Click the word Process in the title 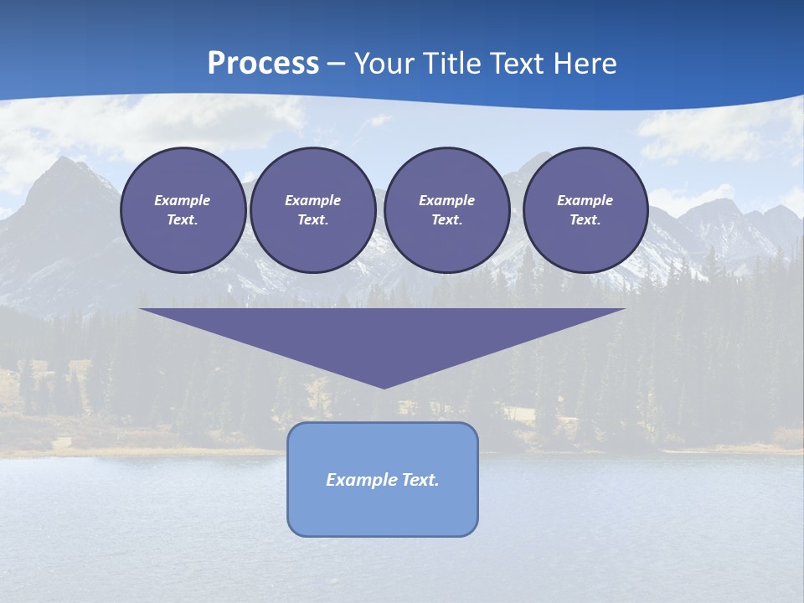pos(263,64)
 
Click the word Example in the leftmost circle pos(183,200)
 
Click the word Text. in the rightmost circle pos(585,219)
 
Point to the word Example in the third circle pos(446,200)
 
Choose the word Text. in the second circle pos(312,219)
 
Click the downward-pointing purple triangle pos(383,335)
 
